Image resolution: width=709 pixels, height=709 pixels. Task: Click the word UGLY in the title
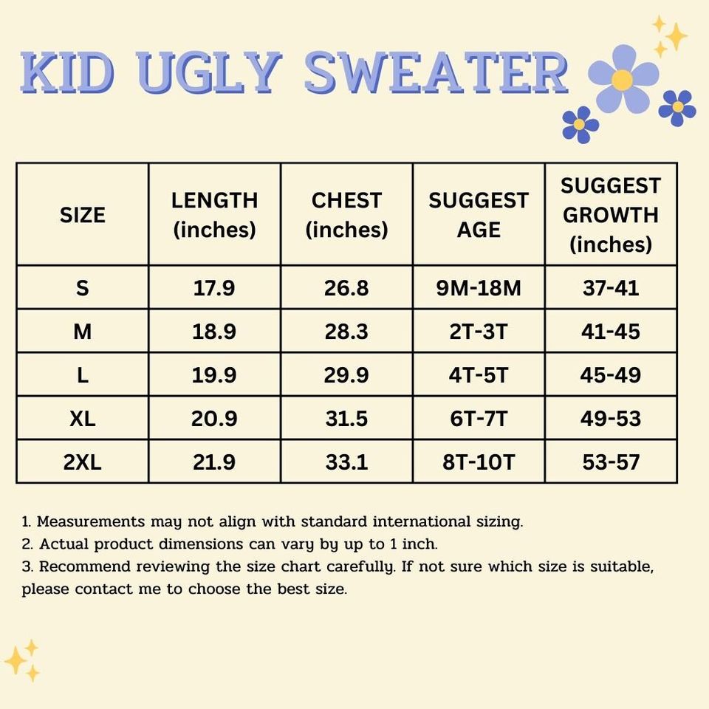[x=210, y=72]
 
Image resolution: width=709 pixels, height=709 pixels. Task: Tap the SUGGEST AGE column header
[x=479, y=215]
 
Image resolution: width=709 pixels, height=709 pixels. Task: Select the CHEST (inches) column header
[x=346, y=215]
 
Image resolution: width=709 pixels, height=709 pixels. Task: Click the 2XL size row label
[x=82, y=462]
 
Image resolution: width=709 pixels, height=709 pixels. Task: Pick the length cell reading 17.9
[x=214, y=288]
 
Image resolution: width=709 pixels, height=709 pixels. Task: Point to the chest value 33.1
[x=346, y=462]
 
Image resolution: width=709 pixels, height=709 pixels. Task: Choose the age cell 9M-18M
[x=479, y=288]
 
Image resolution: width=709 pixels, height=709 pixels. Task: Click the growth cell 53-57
[x=610, y=462]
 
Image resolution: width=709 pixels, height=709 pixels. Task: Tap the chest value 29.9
[x=346, y=375]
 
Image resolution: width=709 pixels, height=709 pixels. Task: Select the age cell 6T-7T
[x=479, y=419]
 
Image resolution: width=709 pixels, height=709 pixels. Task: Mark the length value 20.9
[x=214, y=419]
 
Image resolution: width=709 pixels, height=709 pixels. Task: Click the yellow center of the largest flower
[x=623, y=80]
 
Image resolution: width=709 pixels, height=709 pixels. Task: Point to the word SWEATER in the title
[x=436, y=72]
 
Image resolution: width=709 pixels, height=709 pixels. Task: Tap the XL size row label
[x=82, y=419]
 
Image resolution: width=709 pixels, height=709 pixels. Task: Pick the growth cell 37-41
[x=610, y=288]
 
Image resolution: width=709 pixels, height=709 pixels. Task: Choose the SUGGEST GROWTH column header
[x=610, y=215]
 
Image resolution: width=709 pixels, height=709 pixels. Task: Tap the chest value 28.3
[x=346, y=332]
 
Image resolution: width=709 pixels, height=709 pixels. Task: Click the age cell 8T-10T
[x=479, y=462]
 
